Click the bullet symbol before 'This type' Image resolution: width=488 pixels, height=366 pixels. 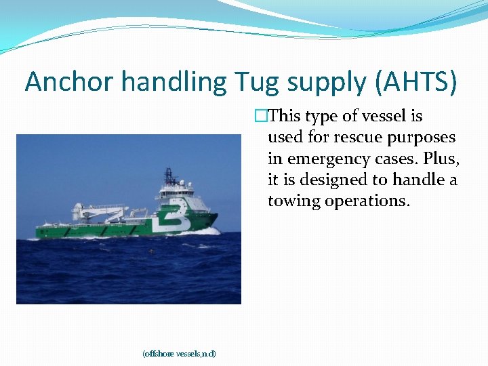[x=260, y=117]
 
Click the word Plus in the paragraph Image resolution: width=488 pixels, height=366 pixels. [x=442, y=159]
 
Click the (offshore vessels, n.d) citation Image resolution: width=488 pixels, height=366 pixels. [x=179, y=354]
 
